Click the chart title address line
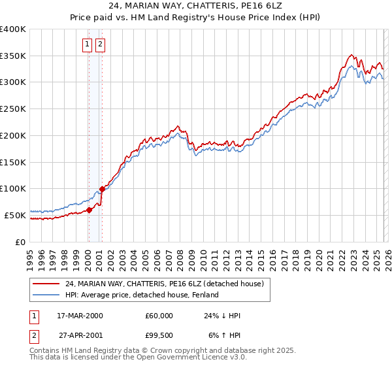click(x=196, y=7)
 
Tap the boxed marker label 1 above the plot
click(x=87, y=44)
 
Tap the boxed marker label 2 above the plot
click(x=100, y=44)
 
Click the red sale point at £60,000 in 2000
click(x=90, y=210)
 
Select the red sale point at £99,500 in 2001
click(x=102, y=189)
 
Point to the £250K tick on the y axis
click(x=13, y=109)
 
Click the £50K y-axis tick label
click(x=15, y=215)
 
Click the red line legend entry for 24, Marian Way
click(x=164, y=284)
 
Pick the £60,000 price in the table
click(x=159, y=316)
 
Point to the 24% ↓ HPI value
click(x=222, y=316)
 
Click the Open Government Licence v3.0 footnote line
click(x=139, y=358)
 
